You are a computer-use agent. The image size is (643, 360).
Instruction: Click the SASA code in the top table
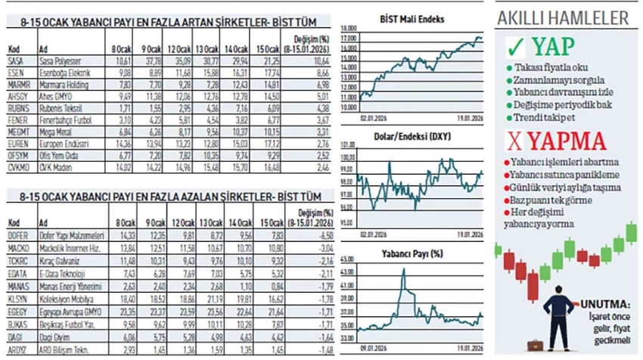tap(13, 60)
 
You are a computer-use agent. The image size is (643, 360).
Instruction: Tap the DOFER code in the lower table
tap(17, 236)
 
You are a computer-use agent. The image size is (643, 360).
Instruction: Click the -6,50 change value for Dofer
tap(318, 236)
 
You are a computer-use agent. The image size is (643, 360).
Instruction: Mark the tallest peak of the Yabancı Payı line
tap(403, 270)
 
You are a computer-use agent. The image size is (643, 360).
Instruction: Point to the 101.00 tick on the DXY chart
tap(349, 144)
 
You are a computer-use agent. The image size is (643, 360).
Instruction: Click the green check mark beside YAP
tap(517, 48)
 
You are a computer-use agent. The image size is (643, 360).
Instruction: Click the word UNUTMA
tap(604, 305)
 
